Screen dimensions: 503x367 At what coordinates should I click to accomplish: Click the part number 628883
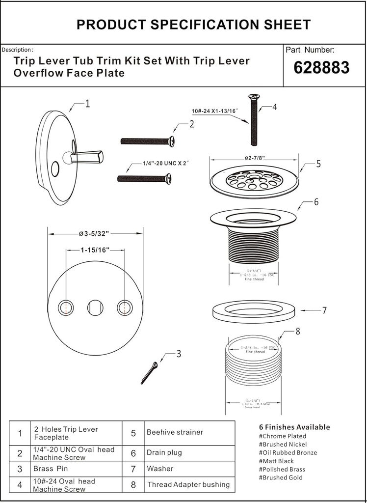(x=321, y=68)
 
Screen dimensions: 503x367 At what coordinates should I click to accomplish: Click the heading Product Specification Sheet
(x=193, y=25)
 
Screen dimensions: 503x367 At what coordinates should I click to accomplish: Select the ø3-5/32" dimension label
(x=93, y=233)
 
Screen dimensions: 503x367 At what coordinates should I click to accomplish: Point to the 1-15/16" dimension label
(x=95, y=250)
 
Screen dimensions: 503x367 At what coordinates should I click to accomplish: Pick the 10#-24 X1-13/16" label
(x=215, y=112)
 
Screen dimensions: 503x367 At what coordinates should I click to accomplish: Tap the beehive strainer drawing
(x=254, y=182)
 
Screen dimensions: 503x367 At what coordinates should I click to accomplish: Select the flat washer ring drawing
(x=254, y=311)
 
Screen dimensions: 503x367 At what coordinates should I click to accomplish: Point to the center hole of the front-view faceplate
(x=95, y=308)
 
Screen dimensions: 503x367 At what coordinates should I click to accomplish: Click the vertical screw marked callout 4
(x=254, y=120)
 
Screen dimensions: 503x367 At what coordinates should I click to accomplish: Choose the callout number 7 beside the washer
(x=324, y=310)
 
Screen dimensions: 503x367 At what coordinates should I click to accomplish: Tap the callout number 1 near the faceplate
(x=87, y=104)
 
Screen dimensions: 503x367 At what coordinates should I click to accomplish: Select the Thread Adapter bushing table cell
(x=188, y=484)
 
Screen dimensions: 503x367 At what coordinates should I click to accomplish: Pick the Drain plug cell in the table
(x=164, y=452)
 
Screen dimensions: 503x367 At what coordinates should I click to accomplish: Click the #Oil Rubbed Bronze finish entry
(x=288, y=452)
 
